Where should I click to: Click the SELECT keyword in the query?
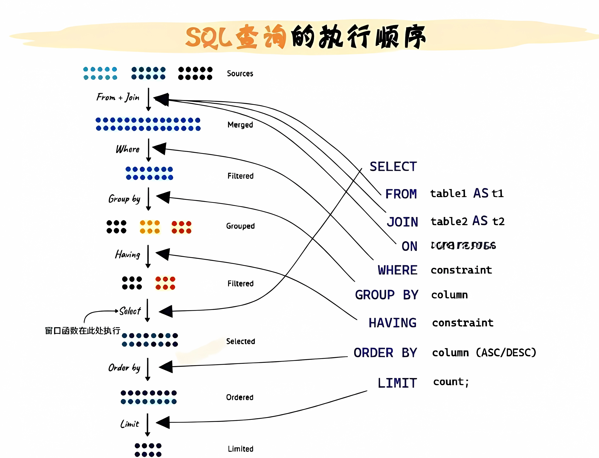point(393,167)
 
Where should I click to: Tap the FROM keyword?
point(401,194)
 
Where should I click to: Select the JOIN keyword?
point(402,222)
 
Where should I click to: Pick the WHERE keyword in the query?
point(397,270)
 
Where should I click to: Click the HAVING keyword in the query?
point(392,323)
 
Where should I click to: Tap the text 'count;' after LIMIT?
point(451,382)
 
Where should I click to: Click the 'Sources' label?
point(240,74)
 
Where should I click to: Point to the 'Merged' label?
point(240,125)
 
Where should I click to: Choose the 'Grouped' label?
point(240,226)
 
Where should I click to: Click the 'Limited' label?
point(240,449)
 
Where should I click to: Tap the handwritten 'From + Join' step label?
point(118,97)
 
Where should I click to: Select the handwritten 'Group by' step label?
point(124,199)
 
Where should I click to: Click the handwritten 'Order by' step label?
point(124,368)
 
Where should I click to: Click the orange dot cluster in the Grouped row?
point(150,227)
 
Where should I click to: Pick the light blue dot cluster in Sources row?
point(100,73)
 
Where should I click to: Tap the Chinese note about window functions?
point(82,331)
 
